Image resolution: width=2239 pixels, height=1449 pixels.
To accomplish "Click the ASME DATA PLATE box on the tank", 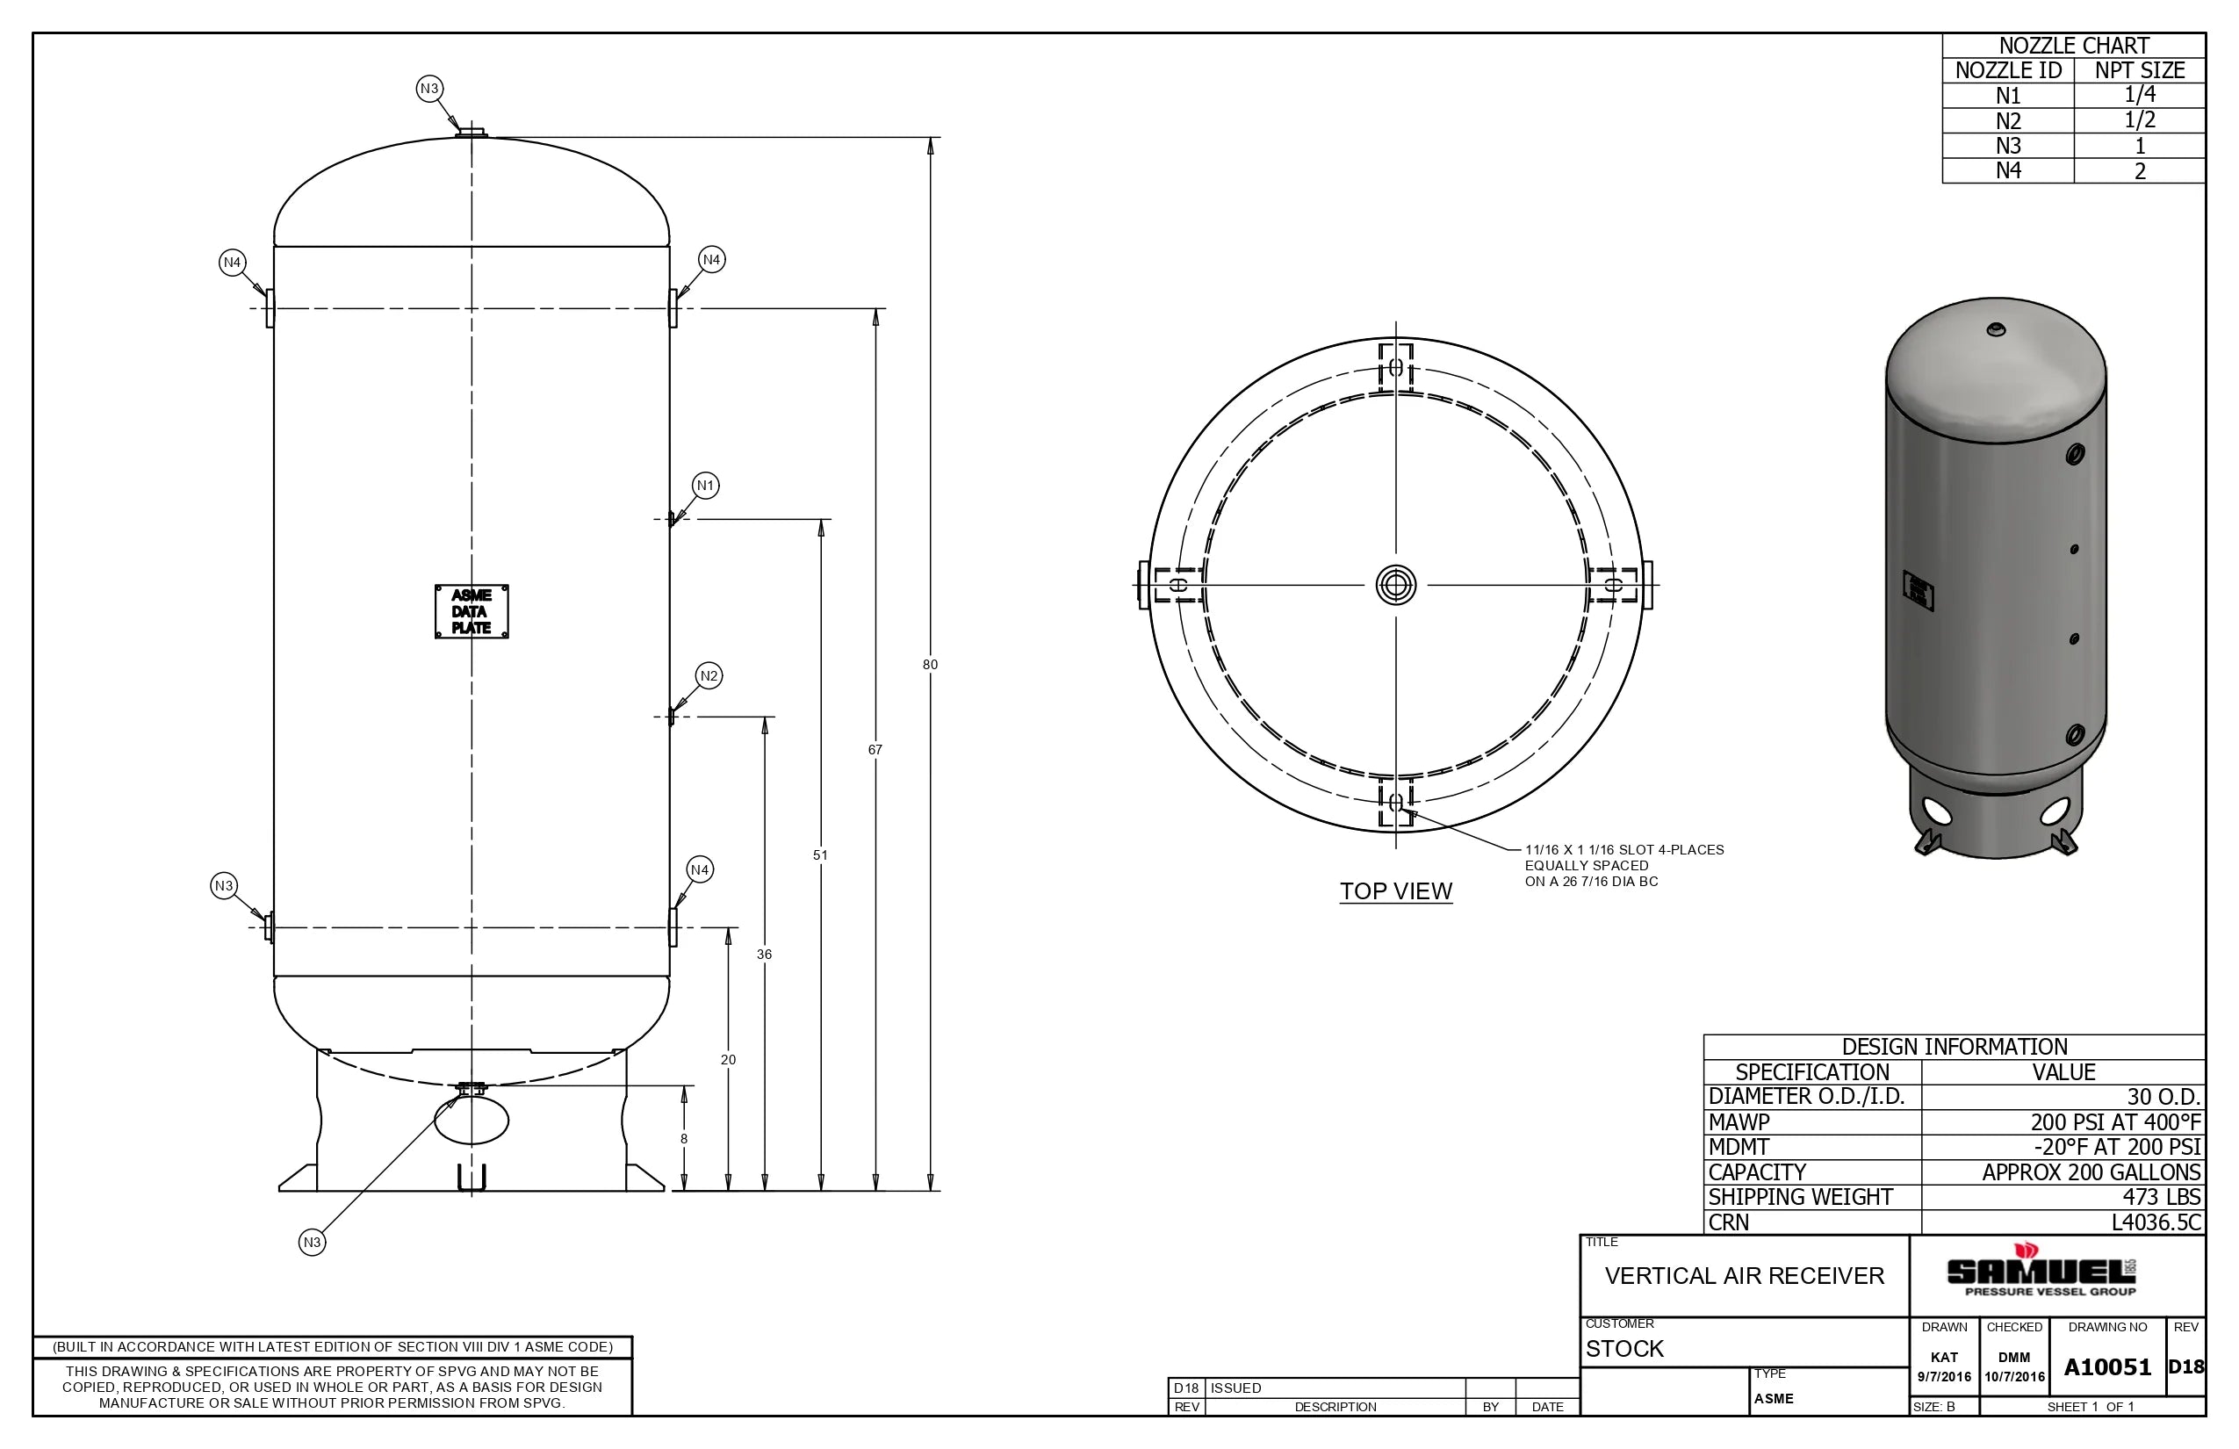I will click(x=472, y=611).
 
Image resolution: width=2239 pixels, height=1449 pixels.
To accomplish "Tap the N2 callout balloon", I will click(x=709, y=675).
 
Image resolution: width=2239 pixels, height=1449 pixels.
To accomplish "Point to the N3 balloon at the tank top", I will click(x=429, y=89).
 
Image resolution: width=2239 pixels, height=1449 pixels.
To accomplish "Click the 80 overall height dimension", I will click(x=930, y=664).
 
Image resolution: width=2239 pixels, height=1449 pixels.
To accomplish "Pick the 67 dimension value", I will click(x=875, y=750).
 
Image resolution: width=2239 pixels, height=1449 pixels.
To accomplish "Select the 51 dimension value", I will click(x=820, y=855).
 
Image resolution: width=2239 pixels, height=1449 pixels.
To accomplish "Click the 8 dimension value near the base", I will click(x=684, y=1138).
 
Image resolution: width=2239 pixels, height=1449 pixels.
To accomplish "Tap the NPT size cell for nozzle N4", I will click(x=2139, y=171).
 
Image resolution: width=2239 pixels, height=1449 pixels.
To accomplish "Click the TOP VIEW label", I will click(x=1395, y=891).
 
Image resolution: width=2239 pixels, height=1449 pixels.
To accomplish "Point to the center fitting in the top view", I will click(x=1395, y=585).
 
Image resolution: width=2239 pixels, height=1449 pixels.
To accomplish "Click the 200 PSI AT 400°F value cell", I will click(x=2115, y=1122).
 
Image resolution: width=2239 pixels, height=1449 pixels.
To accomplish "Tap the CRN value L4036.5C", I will click(x=2156, y=1222).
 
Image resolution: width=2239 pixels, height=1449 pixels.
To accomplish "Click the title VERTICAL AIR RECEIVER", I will click(x=1744, y=1276).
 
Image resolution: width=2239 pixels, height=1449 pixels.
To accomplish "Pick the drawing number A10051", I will click(x=2107, y=1367).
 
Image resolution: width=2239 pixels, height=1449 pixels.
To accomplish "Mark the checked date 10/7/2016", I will click(x=2014, y=1377).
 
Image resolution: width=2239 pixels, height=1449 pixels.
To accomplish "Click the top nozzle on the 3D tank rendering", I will click(x=1995, y=329).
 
